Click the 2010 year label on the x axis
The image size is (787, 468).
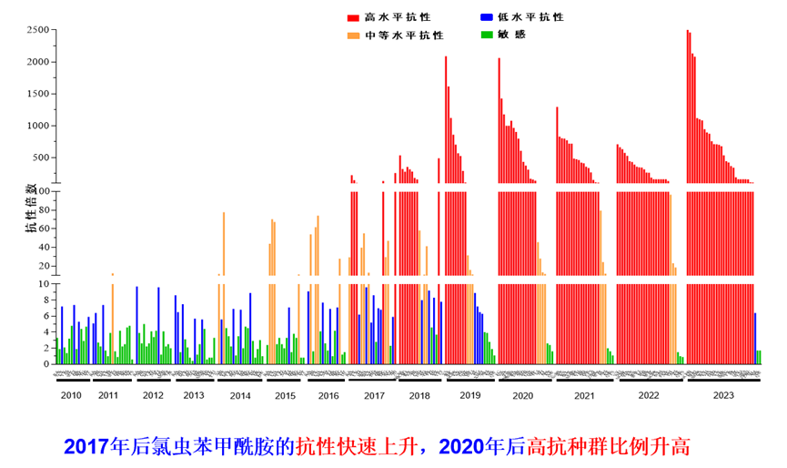[70, 395]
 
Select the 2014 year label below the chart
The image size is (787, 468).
[240, 395]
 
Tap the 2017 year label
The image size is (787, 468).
[374, 395]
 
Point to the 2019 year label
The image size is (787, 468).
[469, 395]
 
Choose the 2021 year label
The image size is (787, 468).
[584, 395]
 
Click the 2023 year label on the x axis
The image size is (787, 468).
[723, 395]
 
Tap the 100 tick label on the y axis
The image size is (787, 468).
[40, 193]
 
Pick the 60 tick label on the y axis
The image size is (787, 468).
[43, 229]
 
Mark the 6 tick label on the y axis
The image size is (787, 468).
[45, 316]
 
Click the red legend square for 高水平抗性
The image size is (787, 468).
[352, 17]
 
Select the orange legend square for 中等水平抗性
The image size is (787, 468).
[352, 36]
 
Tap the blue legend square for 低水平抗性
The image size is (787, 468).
[487, 17]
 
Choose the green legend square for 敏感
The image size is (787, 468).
[487, 35]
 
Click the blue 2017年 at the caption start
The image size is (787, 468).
[86, 447]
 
